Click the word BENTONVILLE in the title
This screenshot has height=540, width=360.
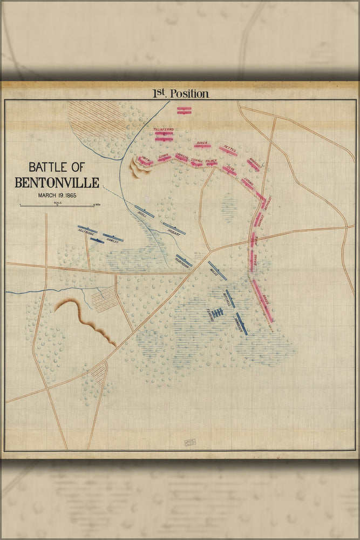(57, 182)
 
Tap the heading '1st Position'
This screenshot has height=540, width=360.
(180, 93)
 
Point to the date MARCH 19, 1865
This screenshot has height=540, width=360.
(57, 195)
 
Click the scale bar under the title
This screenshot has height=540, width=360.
(57, 206)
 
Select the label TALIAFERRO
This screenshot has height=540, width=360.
(164, 130)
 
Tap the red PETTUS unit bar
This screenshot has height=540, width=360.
(228, 151)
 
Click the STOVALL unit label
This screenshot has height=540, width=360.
(197, 160)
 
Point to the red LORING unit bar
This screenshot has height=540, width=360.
(247, 184)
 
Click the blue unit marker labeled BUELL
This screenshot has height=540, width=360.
(145, 212)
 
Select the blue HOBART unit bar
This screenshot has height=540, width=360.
(174, 228)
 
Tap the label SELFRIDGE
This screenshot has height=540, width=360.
(86, 233)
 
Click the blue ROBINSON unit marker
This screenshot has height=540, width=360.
(184, 260)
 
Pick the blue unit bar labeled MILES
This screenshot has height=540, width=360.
(218, 271)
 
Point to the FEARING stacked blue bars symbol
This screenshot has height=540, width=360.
(217, 313)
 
